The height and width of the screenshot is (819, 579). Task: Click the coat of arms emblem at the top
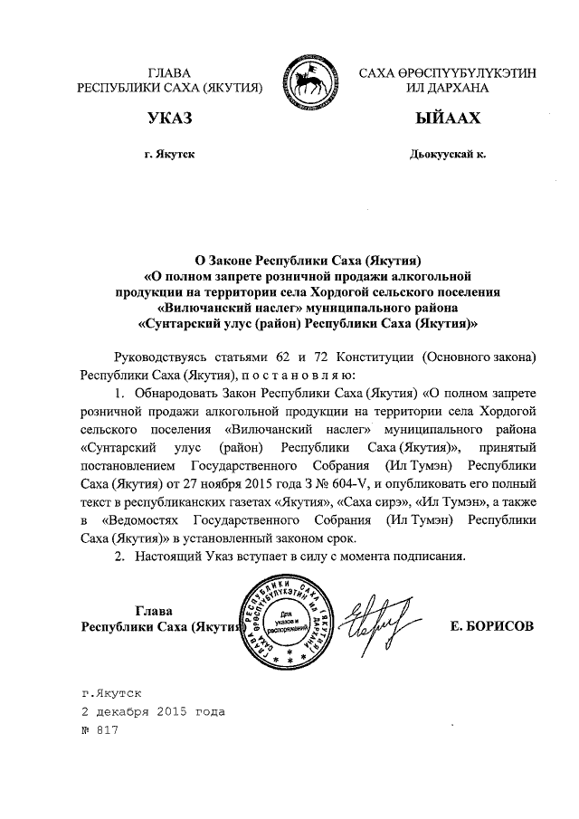point(309,81)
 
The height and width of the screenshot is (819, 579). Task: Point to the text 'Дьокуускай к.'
point(447,154)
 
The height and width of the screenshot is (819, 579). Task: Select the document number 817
point(108,730)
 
